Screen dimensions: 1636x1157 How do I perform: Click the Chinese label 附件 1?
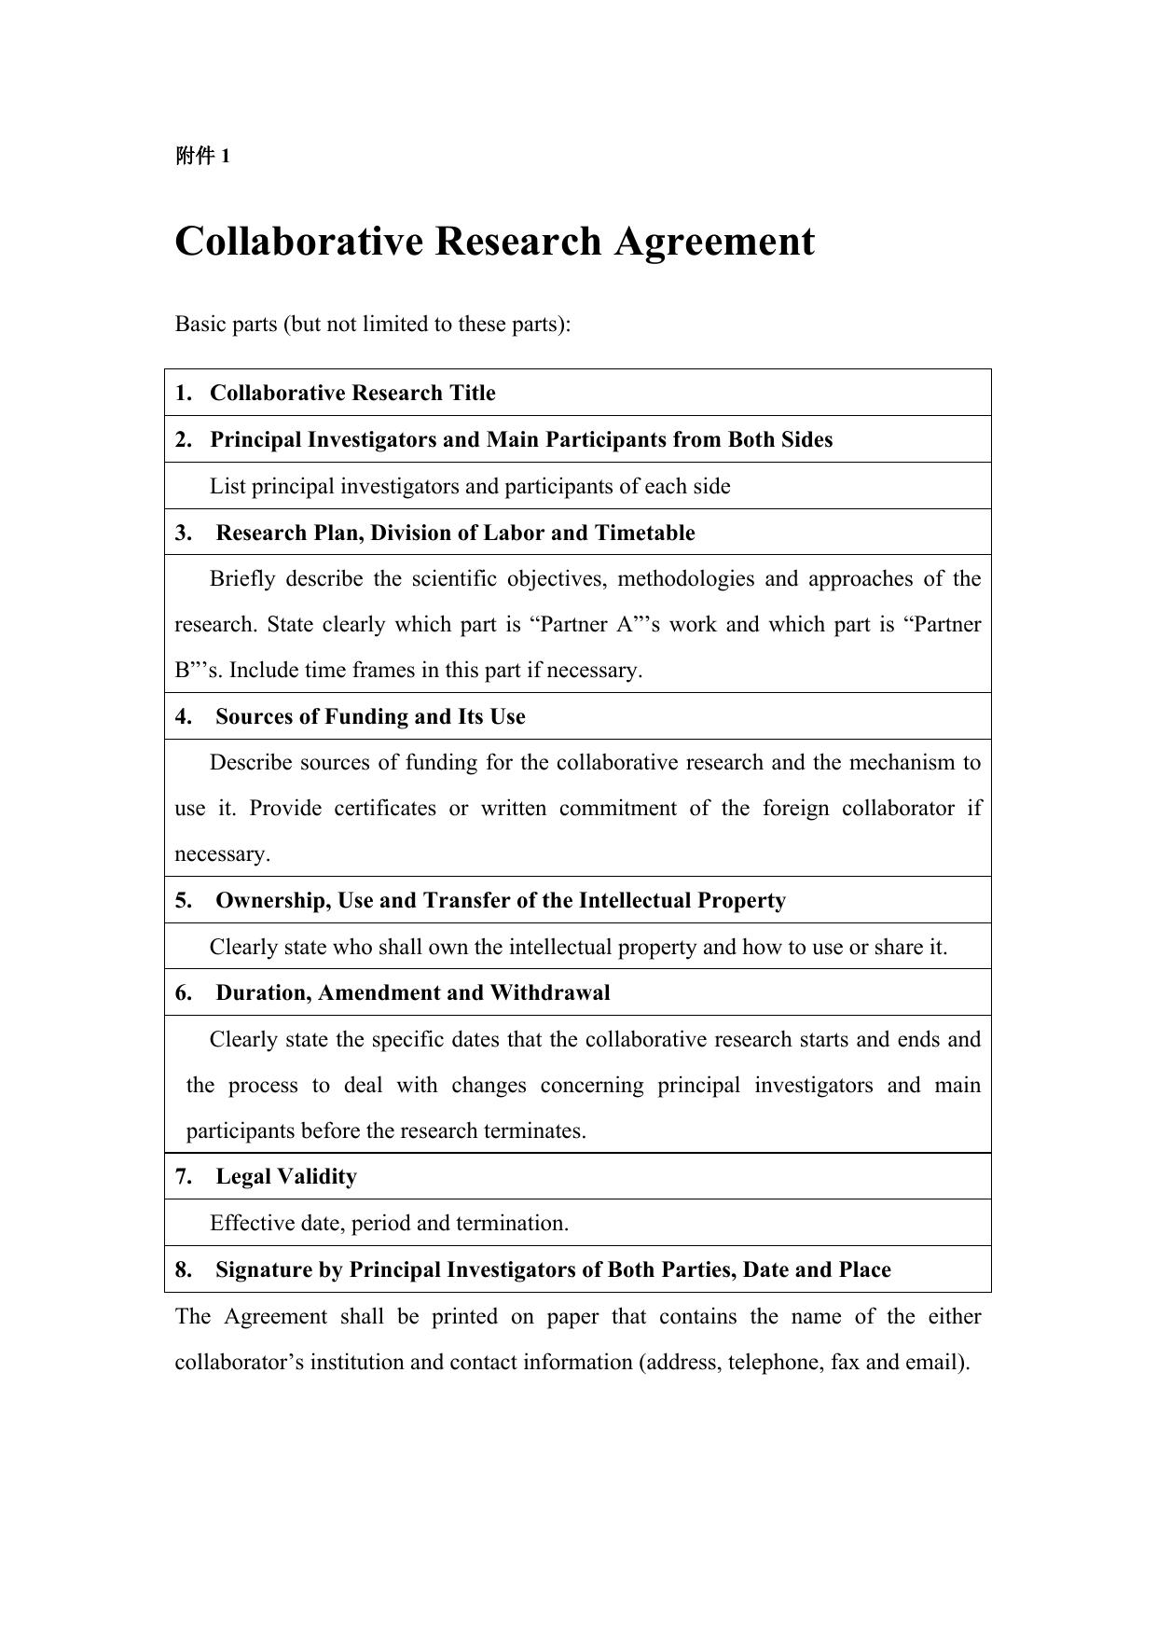[x=202, y=157]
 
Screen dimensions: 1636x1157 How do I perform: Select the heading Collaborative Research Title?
[x=352, y=393]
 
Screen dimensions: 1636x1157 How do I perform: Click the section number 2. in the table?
[x=184, y=439]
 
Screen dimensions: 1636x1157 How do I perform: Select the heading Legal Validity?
[x=286, y=1176]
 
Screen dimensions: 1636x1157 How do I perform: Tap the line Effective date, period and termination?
[x=389, y=1223]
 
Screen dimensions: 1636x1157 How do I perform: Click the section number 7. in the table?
[x=184, y=1176]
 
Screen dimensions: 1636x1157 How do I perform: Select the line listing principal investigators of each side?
[x=470, y=486]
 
